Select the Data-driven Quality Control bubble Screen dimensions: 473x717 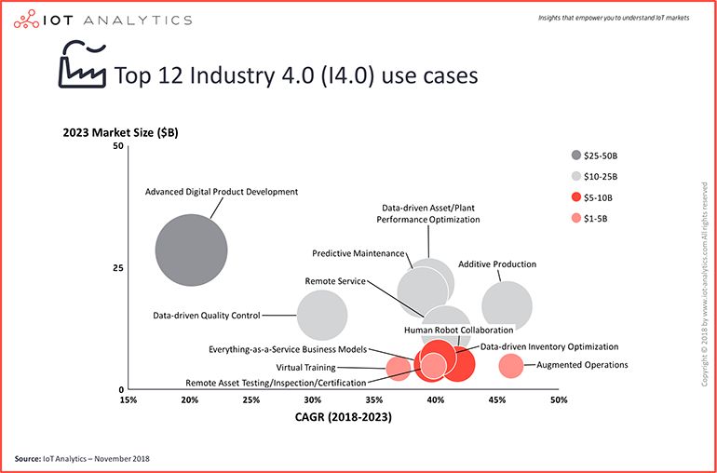point(321,316)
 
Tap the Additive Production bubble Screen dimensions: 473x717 point(507,305)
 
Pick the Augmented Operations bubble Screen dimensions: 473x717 point(510,366)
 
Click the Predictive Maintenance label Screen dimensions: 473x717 point(358,253)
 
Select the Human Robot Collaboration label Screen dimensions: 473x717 point(458,331)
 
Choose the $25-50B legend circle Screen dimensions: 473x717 point(576,155)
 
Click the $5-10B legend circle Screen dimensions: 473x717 point(576,197)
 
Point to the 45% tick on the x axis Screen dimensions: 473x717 point(497,400)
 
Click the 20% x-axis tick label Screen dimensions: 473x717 point(190,400)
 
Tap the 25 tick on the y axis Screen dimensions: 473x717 point(117,268)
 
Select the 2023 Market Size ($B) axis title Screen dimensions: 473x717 point(127,132)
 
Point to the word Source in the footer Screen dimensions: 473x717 point(29,459)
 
